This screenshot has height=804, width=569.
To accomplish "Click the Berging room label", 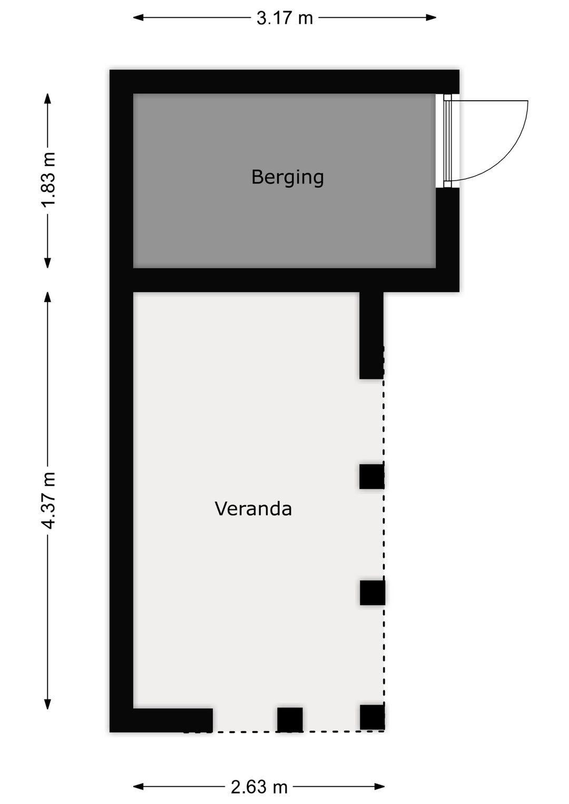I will point(287,177).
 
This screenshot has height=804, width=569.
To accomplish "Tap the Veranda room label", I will point(253,509).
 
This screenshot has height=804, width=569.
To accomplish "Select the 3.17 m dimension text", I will point(284,18).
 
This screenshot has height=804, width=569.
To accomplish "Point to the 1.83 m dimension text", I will point(48,180).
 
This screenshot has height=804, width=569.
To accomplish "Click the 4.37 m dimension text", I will point(48,501).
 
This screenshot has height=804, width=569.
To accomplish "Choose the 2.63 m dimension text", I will point(259,787).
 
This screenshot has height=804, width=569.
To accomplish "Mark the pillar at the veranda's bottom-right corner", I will point(372,718).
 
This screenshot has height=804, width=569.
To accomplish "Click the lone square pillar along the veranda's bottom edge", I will point(290,720).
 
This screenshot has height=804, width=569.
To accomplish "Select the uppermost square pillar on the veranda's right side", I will point(372,476).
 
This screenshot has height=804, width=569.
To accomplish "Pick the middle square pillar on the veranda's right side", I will point(372,593).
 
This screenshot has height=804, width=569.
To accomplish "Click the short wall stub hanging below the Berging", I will point(371,335).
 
